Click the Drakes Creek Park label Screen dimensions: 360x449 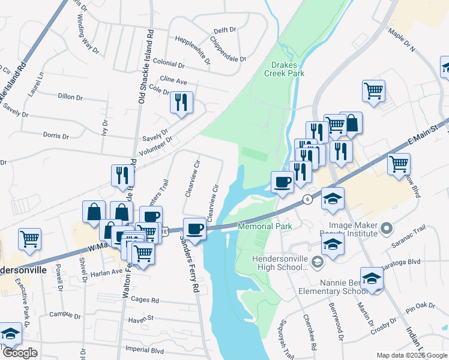pyautogui.click(x=284, y=69)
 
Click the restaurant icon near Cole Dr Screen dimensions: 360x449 pyautogui.click(x=180, y=103)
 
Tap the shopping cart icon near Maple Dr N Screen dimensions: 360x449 pyautogui.click(x=373, y=91)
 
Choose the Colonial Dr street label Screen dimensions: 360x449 pyautogui.click(x=169, y=63)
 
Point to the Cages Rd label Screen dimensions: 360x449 pyautogui.click(x=146, y=300)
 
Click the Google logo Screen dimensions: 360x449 pyautogui.click(x=20, y=353)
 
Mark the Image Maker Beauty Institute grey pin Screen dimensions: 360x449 pyautogui.click(x=387, y=228)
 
